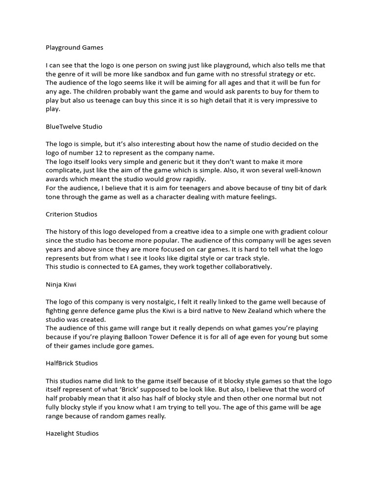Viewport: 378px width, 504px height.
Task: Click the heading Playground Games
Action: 74,48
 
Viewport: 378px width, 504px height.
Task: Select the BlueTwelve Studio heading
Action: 74,126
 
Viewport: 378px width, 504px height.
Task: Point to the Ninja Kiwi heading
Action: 62,284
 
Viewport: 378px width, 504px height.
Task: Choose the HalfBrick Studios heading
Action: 72,363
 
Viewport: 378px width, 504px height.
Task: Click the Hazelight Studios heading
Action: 72,433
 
